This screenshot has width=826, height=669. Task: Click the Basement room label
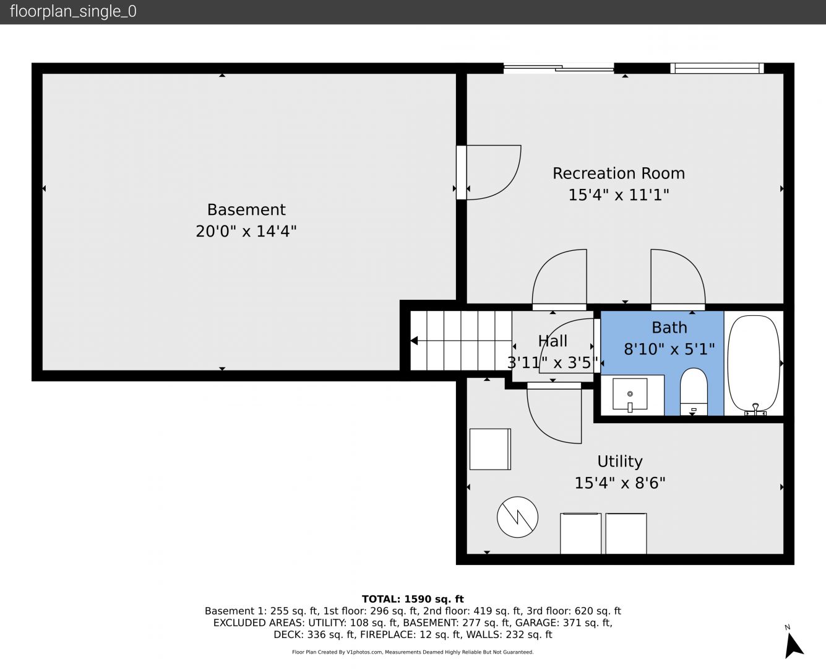point(246,209)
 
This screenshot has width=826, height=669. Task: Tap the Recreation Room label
point(619,173)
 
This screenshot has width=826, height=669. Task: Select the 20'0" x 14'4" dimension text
point(246,231)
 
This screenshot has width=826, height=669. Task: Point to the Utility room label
point(620,461)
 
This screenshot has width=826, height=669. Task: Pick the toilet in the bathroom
point(694,391)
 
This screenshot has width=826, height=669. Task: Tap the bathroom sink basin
point(630,394)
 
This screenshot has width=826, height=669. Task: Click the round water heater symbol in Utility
point(517,517)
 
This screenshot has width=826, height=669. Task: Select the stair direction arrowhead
point(414,341)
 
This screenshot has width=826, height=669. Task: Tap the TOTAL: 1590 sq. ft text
point(413,599)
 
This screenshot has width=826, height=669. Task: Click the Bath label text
point(669,328)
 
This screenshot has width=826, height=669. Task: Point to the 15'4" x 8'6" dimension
point(620,483)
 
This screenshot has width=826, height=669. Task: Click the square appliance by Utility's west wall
point(490,449)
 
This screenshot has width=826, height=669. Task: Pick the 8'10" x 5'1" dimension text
point(669,349)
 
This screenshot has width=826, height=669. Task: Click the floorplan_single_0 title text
point(73,12)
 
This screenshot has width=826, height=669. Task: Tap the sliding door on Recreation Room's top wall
point(559,68)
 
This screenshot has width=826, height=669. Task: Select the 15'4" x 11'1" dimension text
point(619,195)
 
